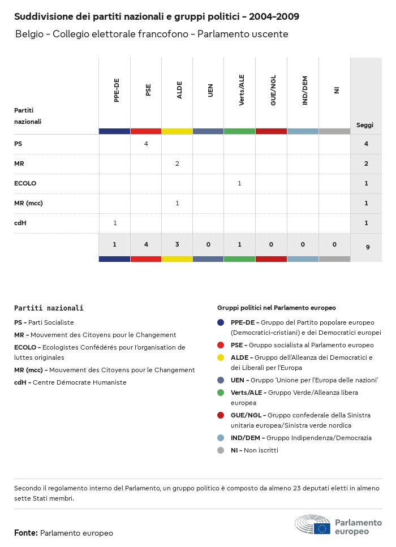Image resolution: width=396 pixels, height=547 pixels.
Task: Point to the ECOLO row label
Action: tap(25, 183)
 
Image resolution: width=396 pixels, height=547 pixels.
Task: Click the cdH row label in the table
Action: tap(20, 223)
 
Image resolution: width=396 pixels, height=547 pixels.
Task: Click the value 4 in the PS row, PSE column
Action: tap(146, 144)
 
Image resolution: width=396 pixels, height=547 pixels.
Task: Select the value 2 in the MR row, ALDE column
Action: tap(177, 163)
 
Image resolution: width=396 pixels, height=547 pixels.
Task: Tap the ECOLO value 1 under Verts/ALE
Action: tap(240, 183)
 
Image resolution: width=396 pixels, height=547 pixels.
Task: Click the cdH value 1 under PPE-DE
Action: tap(115, 223)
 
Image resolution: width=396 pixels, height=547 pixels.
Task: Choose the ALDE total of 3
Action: tap(177, 244)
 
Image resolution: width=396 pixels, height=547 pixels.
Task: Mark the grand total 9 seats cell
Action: tap(366, 247)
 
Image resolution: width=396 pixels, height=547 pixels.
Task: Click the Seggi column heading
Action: tap(364, 125)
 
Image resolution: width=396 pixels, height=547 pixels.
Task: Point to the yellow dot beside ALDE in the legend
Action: tap(221, 358)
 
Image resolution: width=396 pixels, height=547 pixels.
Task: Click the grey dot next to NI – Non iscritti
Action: tap(221, 450)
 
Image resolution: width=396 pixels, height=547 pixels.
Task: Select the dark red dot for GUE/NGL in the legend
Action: tap(221, 415)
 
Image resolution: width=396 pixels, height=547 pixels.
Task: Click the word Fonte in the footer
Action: tap(25, 533)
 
